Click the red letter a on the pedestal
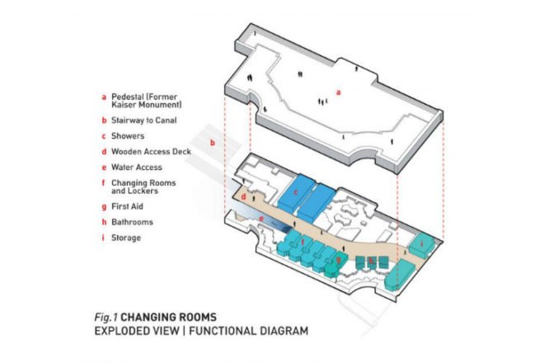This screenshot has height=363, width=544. coord(339,92)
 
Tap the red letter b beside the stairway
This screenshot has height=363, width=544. coord(213,143)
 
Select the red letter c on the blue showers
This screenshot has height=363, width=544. coord(296,192)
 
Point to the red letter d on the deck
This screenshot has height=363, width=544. coord(243,197)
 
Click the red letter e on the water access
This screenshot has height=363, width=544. coord(261,219)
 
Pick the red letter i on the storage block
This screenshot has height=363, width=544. coord(422,244)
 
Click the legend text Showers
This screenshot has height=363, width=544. coord(128,136)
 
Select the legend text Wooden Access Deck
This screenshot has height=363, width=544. coord(151,152)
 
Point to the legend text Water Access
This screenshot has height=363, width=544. coord(137,167)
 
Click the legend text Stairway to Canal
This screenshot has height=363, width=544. coord(144,120)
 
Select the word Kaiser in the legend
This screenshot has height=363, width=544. coord(124,105)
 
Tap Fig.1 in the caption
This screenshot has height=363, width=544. coord(106,317)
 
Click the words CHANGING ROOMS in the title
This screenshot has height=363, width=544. coord(169,317)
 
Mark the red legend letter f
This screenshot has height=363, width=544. coord(103,183)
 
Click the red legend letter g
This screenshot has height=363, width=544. coord(104,207)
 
